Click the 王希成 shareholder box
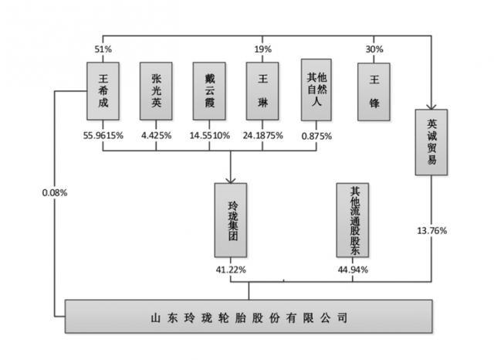click(x=103, y=91)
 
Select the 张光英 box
click(x=156, y=91)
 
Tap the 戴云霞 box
click(x=209, y=91)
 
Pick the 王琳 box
click(x=262, y=91)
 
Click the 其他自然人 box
click(x=316, y=90)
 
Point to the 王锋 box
click(x=374, y=92)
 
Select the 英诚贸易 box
click(x=431, y=142)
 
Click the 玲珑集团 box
click(x=231, y=220)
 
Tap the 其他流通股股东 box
click(x=353, y=220)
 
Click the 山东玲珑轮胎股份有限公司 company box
click(x=249, y=317)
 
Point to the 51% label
click(x=103, y=49)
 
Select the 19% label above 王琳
click(x=262, y=49)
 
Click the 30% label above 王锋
click(x=374, y=49)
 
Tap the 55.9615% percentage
click(x=103, y=135)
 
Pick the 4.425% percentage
click(x=156, y=135)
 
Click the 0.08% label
click(x=55, y=192)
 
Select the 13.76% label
click(x=432, y=231)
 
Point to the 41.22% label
click(x=231, y=270)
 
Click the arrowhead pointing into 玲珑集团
click(x=231, y=180)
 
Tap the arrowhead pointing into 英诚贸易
click(x=431, y=107)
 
